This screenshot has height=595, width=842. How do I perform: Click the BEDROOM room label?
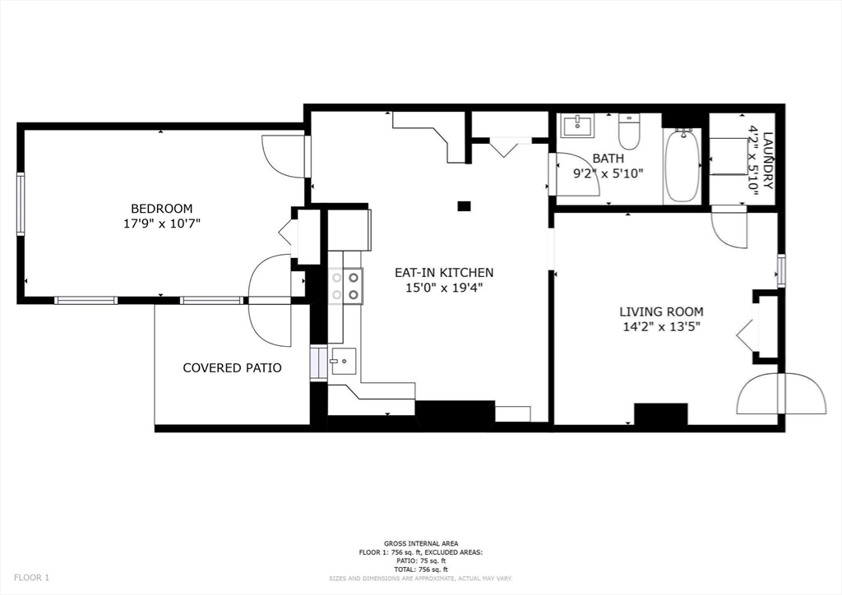pyautogui.click(x=161, y=208)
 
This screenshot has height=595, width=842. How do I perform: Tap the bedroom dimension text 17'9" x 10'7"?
pyautogui.click(x=161, y=223)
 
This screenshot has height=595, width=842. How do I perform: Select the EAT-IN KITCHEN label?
pyautogui.click(x=444, y=273)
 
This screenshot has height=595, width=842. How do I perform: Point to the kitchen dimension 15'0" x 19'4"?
pyautogui.click(x=444, y=288)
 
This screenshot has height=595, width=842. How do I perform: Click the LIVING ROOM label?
pyautogui.click(x=661, y=311)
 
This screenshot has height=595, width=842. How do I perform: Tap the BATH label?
pyautogui.click(x=608, y=159)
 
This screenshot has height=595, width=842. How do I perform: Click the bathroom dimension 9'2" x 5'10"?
pyautogui.click(x=608, y=173)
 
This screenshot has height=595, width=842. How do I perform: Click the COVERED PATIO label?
pyautogui.click(x=232, y=367)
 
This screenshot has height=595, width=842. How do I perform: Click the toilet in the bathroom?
pyautogui.click(x=629, y=131)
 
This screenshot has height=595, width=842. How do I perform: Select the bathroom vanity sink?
pyautogui.click(x=577, y=126)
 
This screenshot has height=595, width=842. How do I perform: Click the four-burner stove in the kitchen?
pyautogui.click(x=345, y=286)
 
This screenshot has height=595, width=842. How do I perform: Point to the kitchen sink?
pyautogui.click(x=342, y=361)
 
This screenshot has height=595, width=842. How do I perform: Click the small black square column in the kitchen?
pyautogui.click(x=464, y=205)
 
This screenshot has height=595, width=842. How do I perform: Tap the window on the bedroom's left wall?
pyautogui.click(x=21, y=204)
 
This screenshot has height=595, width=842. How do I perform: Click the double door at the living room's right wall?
pyautogui.click(x=781, y=394)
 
